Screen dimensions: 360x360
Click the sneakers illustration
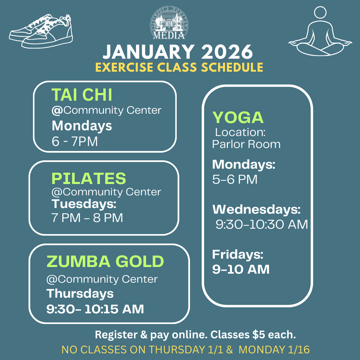point(41,31)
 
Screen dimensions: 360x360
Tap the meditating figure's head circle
point(320,12)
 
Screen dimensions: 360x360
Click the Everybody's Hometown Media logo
point(169,23)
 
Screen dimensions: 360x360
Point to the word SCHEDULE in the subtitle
point(232,67)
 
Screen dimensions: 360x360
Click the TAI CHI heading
point(82,95)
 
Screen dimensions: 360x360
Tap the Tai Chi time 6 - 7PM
point(75,141)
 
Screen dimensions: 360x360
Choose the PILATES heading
point(89,178)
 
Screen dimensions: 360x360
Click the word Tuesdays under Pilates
point(83,204)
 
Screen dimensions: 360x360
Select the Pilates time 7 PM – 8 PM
point(87,218)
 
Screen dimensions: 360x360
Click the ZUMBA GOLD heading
point(105,261)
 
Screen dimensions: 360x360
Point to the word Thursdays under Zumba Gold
point(80,294)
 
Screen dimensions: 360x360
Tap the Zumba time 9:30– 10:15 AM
point(95,309)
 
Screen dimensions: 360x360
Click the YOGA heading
point(238,118)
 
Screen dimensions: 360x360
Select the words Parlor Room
point(246,144)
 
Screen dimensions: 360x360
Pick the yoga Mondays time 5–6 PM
point(235,179)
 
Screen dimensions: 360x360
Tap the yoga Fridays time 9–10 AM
point(241,269)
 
